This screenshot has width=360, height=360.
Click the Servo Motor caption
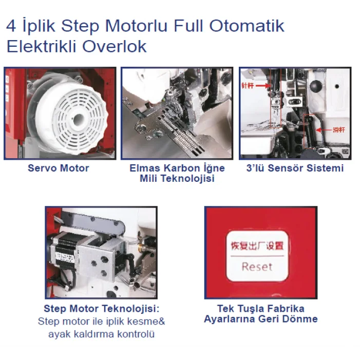(x=58, y=168)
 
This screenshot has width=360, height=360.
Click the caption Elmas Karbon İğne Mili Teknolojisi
(x=177, y=174)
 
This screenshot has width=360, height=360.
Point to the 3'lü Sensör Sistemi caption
(x=295, y=168)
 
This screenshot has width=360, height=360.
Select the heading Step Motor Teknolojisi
(x=102, y=309)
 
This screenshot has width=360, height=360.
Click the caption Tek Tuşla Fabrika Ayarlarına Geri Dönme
(x=260, y=314)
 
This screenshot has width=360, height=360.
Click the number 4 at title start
(x=10, y=26)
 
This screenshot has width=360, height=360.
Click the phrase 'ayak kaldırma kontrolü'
(x=101, y=334)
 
